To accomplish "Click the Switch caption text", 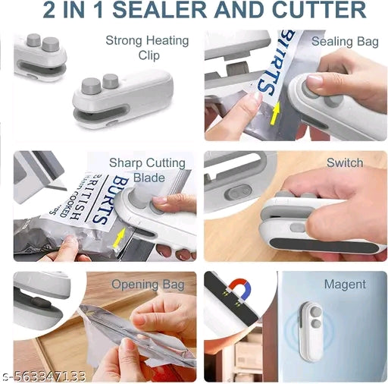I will pyautogui.click(x=345, y=162).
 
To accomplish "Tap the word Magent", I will pyautogui.click(x=345, y=285).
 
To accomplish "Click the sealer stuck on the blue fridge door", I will pyautogui.click(x=314, y=329).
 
